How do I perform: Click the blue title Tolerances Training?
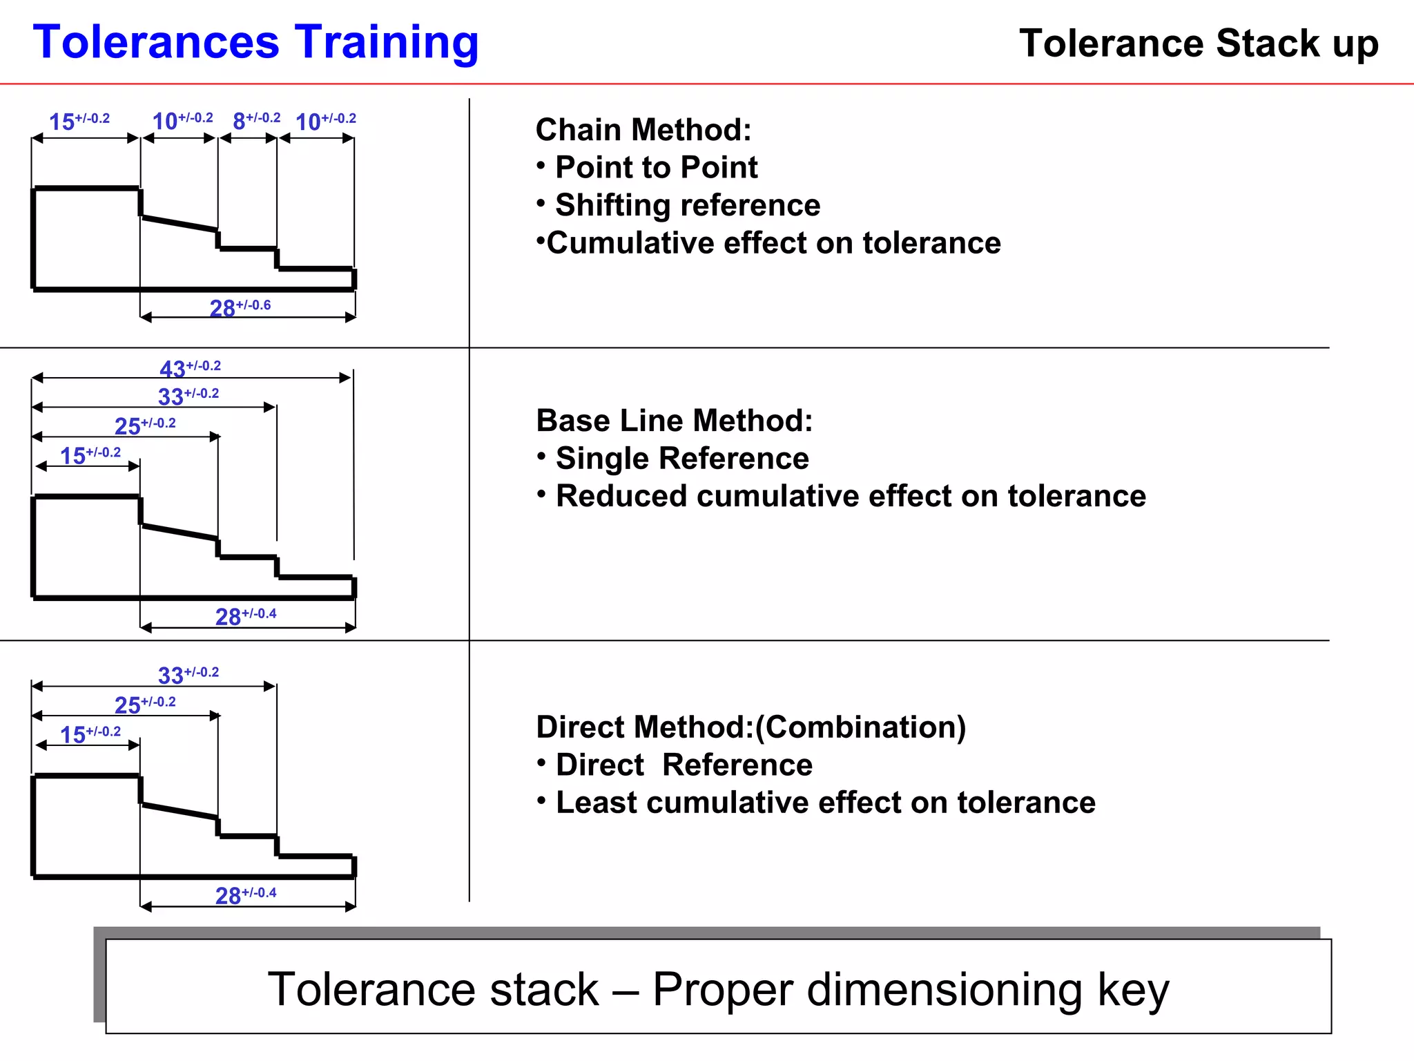pos(255,43)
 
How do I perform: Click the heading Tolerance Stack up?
pos(1199,44)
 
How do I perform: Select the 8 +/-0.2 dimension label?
pos(256,121)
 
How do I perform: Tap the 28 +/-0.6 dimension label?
pos(240,307)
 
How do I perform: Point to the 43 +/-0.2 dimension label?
pos(190,368)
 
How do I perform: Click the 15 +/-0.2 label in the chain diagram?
pos(79,121)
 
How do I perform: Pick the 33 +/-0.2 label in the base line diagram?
pos(188,396)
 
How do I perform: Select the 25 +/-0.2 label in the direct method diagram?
pos(145,705)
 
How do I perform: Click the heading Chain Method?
pos(643,130)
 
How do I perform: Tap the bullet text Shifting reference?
pos(687,205)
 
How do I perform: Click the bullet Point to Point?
pos(656,167)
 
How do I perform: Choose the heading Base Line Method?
pos(674,421)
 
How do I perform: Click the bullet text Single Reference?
pos(681,459)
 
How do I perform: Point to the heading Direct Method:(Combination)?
pos(750,727)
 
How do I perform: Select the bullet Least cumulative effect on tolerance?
pos(825,803)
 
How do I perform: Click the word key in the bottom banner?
pos(1133,989)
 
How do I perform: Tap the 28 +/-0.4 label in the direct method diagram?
pos(245,895)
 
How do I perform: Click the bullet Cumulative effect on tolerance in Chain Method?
pos(773,243)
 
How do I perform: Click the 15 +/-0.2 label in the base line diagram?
pos(90,455)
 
